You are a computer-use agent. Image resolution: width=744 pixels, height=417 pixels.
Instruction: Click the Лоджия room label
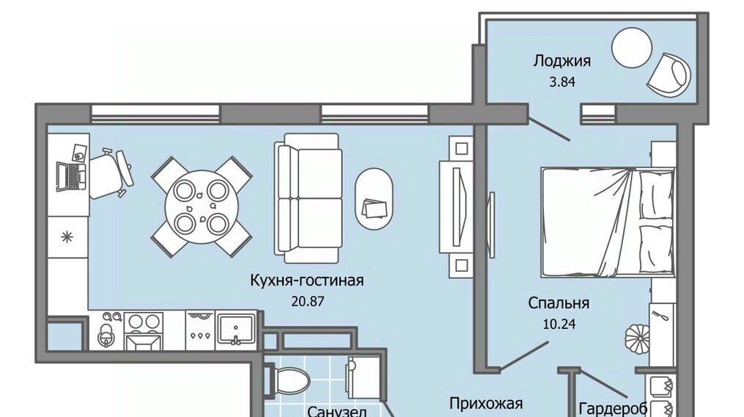click(x=561, y=62)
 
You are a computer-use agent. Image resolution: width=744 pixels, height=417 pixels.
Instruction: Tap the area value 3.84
click(x=562, y=81)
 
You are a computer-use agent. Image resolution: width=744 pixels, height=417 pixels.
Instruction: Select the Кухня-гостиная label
click(x=307, y=280)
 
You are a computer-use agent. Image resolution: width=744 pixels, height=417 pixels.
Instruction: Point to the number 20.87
click(x=307, y=301)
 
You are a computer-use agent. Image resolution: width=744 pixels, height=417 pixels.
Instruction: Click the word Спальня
click(x=559, y=303)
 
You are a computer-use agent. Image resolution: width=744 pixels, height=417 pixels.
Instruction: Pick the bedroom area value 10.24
click(x=559, y=324)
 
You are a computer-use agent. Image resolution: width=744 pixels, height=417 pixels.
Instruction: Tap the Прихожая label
click(x=486, y=404)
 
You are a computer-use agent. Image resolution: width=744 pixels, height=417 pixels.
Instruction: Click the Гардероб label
click(x=613, y=408)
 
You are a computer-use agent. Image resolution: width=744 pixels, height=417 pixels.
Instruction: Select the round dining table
click(x=202, y=206)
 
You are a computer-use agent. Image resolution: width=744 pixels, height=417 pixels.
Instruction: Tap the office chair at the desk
click(x=110, y=173)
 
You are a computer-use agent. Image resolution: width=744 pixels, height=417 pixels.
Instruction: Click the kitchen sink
click(x=236, y=327)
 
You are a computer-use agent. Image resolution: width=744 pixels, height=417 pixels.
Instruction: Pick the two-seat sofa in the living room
click(x=309, y=197)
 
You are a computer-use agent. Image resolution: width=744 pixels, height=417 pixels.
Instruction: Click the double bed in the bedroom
click(x=608, y=222)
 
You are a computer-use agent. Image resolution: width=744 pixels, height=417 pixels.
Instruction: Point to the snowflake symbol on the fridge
click(x=67, y=237)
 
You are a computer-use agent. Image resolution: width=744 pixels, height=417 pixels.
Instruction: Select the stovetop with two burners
click(x=144, y=322)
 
